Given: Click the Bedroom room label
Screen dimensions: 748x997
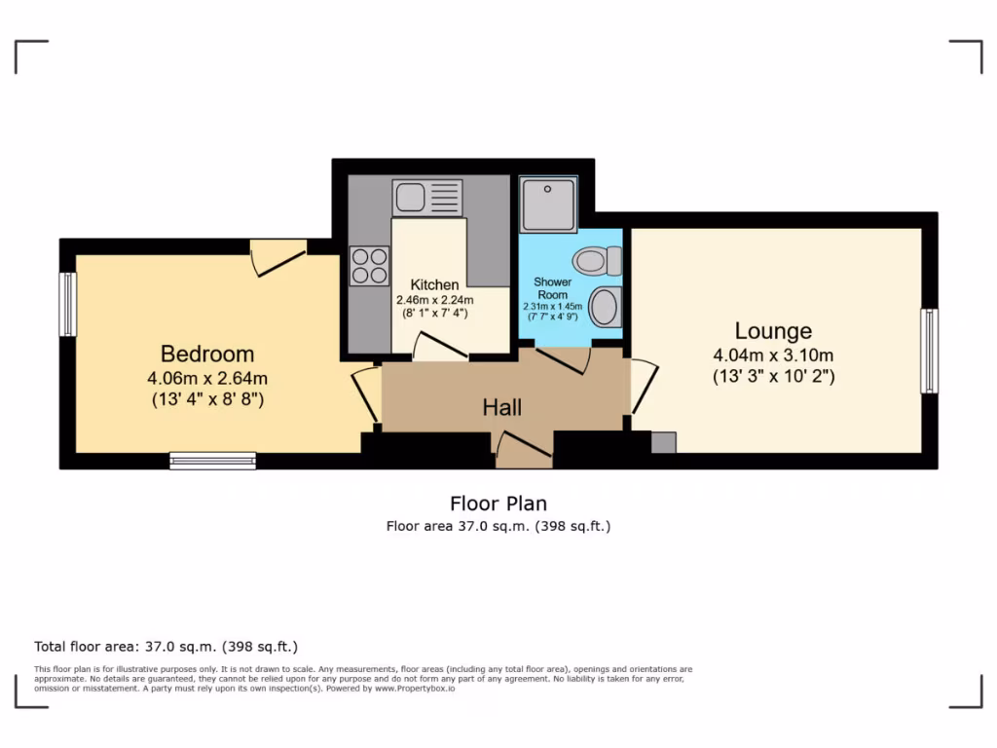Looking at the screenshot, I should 207,355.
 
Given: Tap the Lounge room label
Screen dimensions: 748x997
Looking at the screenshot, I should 773,331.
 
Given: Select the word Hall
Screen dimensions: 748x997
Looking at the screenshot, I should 502,407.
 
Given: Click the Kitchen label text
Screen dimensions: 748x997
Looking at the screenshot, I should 434,285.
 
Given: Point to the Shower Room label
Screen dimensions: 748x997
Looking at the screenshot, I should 553,288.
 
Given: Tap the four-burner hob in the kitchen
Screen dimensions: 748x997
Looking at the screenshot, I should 370,266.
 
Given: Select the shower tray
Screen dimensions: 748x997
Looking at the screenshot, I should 548,205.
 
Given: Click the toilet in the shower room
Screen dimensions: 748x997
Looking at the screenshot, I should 598,261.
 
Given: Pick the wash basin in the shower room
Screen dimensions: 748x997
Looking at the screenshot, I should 605,307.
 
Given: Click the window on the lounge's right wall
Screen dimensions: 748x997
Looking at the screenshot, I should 930,351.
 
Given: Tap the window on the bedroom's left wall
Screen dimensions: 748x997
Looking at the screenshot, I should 67,304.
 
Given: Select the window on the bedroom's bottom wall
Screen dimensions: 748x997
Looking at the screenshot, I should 212,461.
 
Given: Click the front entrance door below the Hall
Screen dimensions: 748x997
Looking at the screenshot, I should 524,451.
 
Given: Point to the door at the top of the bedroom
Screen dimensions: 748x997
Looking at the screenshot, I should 277,255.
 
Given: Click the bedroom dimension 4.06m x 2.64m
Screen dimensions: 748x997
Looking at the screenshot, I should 207,378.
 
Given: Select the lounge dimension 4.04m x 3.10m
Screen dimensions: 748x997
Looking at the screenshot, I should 773,355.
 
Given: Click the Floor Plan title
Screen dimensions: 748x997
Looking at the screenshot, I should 498,504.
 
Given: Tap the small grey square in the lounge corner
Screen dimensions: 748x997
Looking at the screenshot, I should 663,442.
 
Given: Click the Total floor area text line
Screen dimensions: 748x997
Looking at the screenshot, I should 166,647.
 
